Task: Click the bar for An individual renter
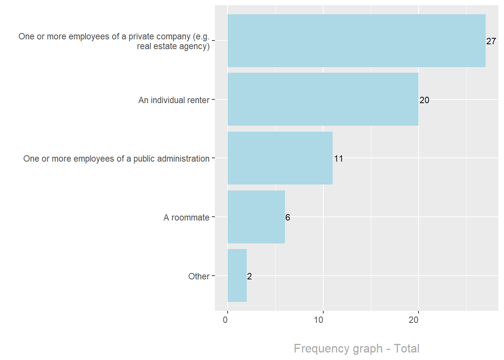click(x=323, y=99)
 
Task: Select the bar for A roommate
click(x=256, y=217)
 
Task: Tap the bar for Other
click(x=237, y=276)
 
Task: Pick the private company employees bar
click(x=356, y=41)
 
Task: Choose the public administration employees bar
click(x=280, y=158)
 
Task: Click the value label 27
click(x=491, y=41)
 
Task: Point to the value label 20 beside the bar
click(x=424, y=100)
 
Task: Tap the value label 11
click(x=338, y=159)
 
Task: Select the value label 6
click(x=288, y=217)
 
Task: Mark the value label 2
click(x=249, y=276)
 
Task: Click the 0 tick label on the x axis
click(x=225, y=320)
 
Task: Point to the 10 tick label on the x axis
click(x=319, y=320)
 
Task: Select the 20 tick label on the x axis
click(x=414, y=320)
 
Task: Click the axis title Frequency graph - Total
click(x=356, y=348)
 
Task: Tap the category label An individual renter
click(x=174, y=100)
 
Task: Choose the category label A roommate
click(x=186, y=217)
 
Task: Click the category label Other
click(x=199, y=276)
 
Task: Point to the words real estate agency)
click(x=173, y=46)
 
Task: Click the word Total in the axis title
click(x=406, y=348)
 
